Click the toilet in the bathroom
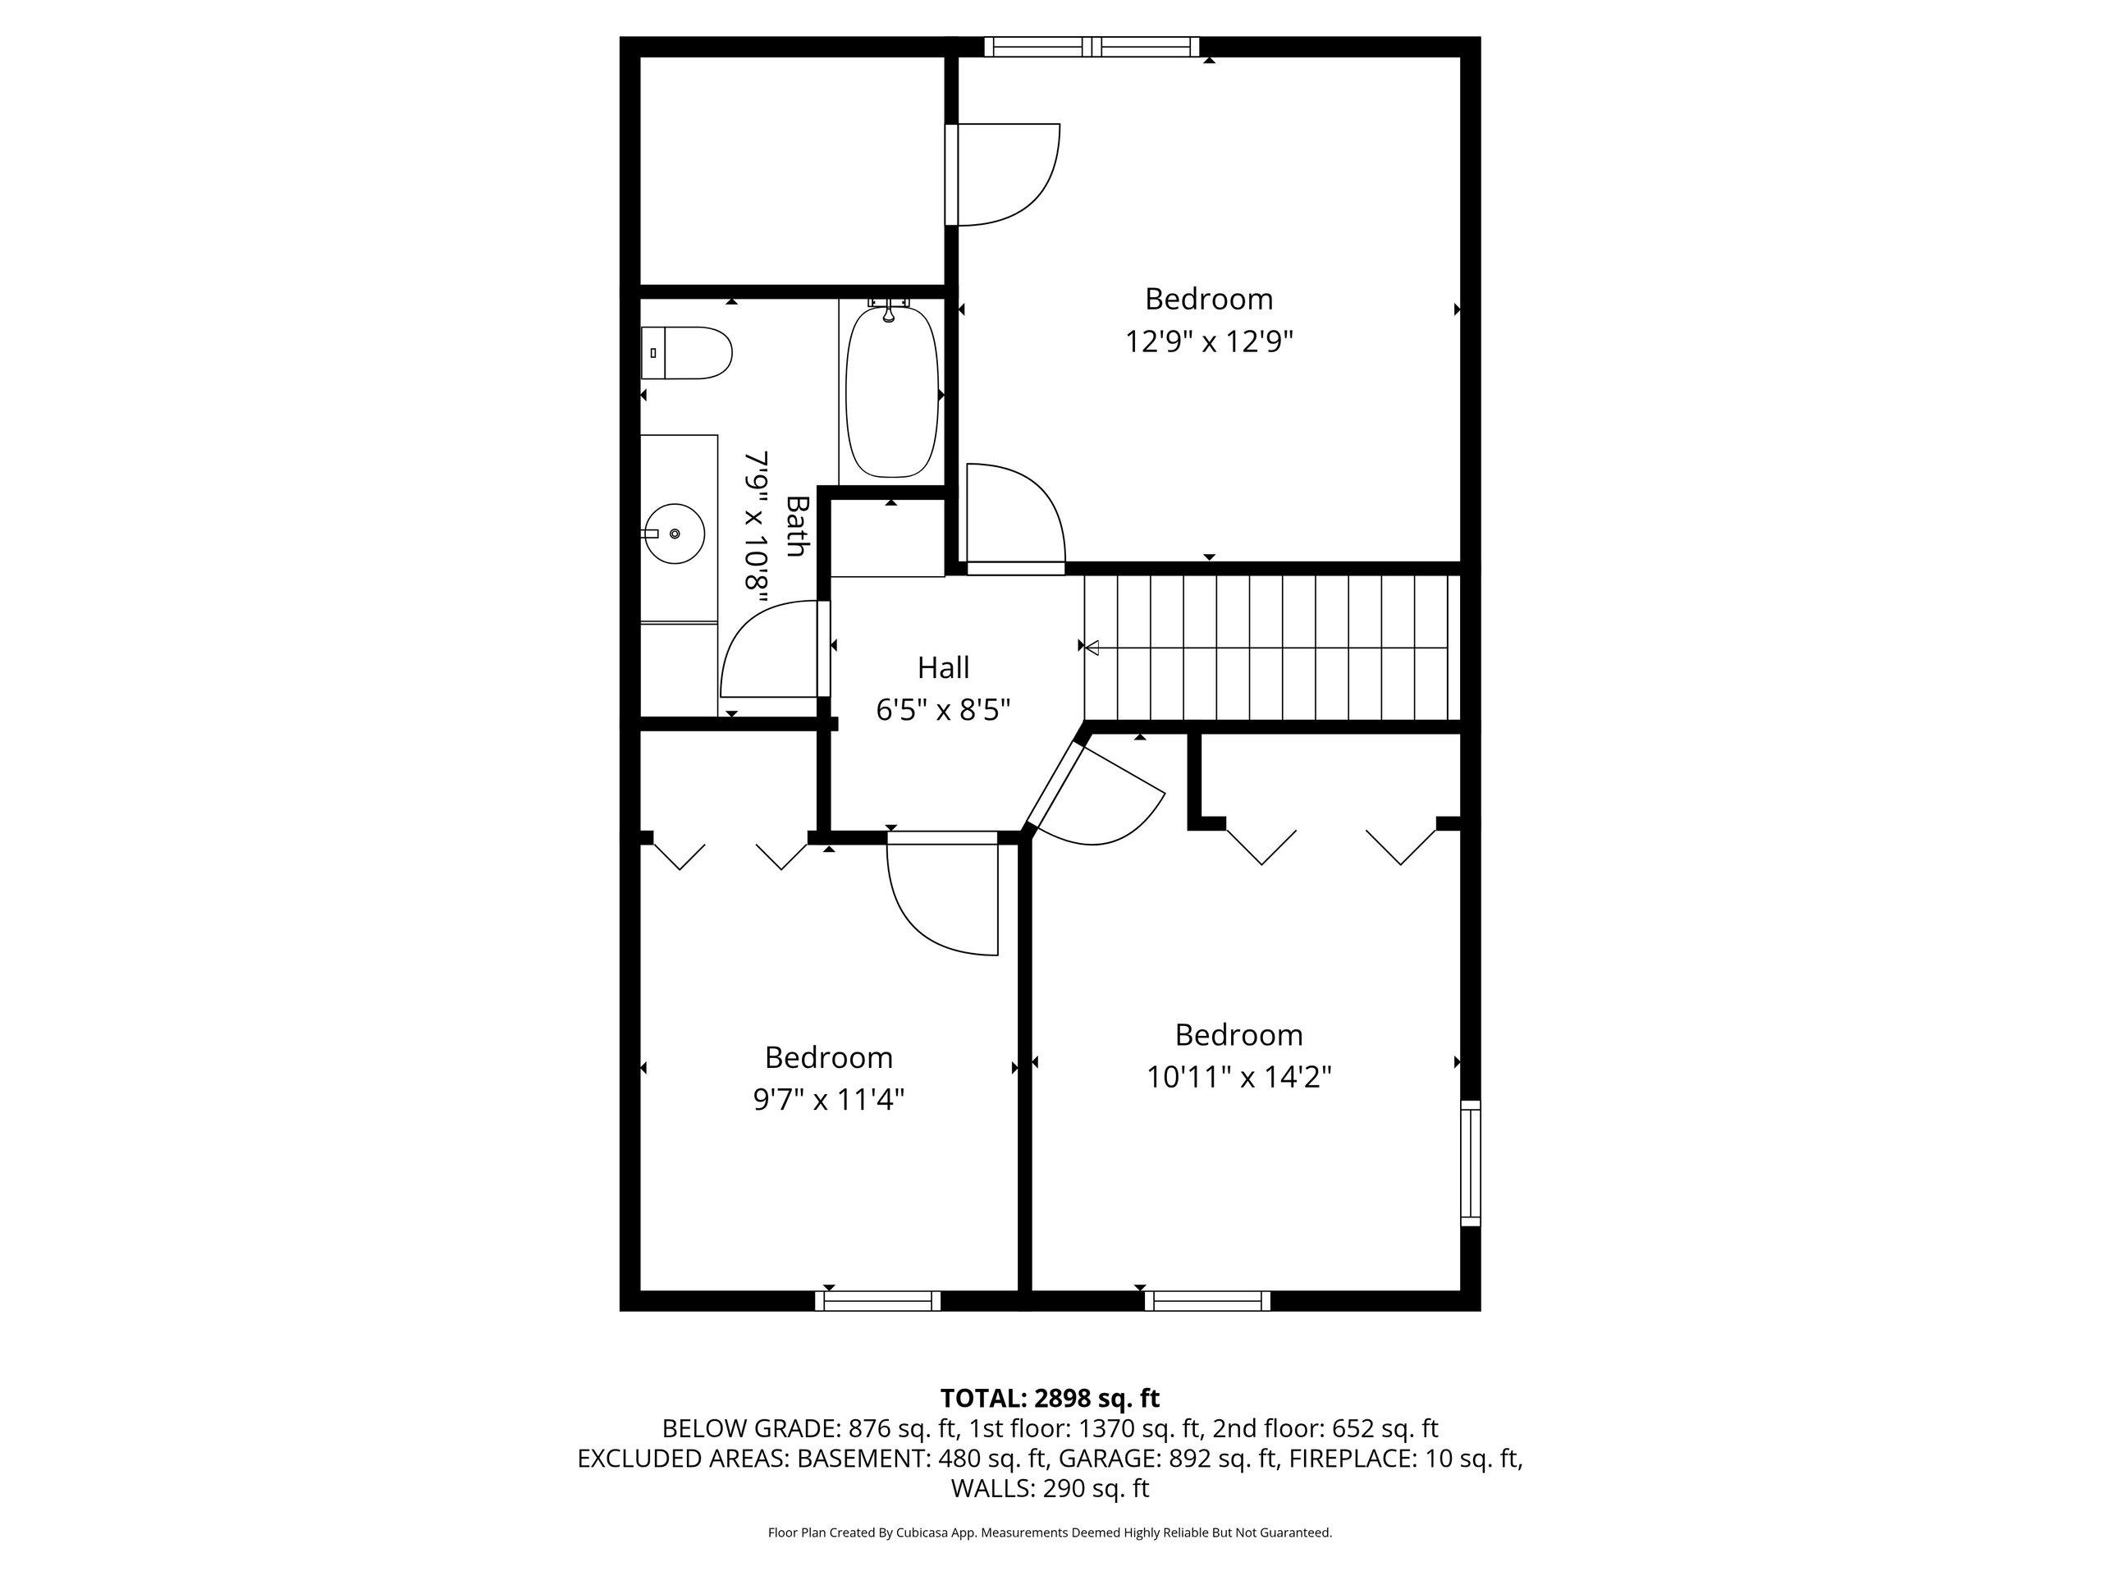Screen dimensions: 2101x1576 pos(686,354)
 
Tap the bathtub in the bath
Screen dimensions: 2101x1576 pos(892,392)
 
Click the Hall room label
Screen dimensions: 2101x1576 pos(943,668)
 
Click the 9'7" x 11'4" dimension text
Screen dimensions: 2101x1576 pos(828,1099)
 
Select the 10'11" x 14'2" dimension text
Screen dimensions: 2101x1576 pos(1238,1076)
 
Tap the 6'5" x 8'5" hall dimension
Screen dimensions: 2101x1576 pos(943,710)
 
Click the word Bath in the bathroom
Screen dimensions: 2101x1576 pos(796,525)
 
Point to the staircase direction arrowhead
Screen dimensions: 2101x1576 pos(1092,647)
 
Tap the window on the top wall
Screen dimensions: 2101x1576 pos(1092,47)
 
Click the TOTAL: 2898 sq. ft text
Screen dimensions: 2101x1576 pos(1050,1399)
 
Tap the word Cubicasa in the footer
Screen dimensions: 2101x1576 pos(920,1532)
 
